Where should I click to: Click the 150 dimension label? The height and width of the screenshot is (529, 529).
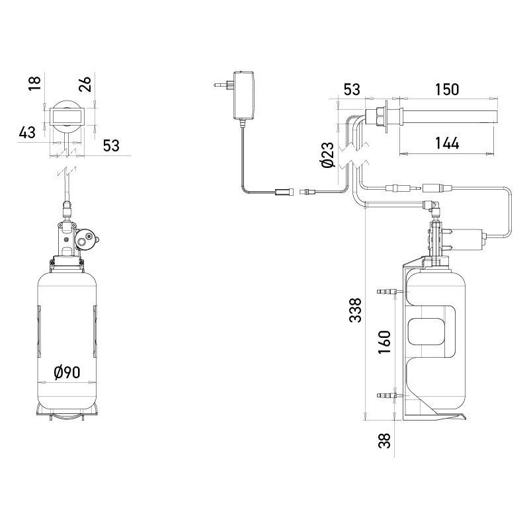coord(446,89)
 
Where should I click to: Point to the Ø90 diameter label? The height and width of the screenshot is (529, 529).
coord(67,373)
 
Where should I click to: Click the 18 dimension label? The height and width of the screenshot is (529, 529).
coord(35,81)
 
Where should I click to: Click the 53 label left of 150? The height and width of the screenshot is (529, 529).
coord(352,89)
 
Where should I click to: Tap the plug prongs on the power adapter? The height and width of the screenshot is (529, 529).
coord(218,85)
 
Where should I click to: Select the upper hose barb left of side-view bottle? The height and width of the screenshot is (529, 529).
coord(387,291)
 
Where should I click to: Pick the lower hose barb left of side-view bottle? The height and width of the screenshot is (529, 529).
coord(387,395)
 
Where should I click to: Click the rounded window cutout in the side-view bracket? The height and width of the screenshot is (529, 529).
coord(429,331)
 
